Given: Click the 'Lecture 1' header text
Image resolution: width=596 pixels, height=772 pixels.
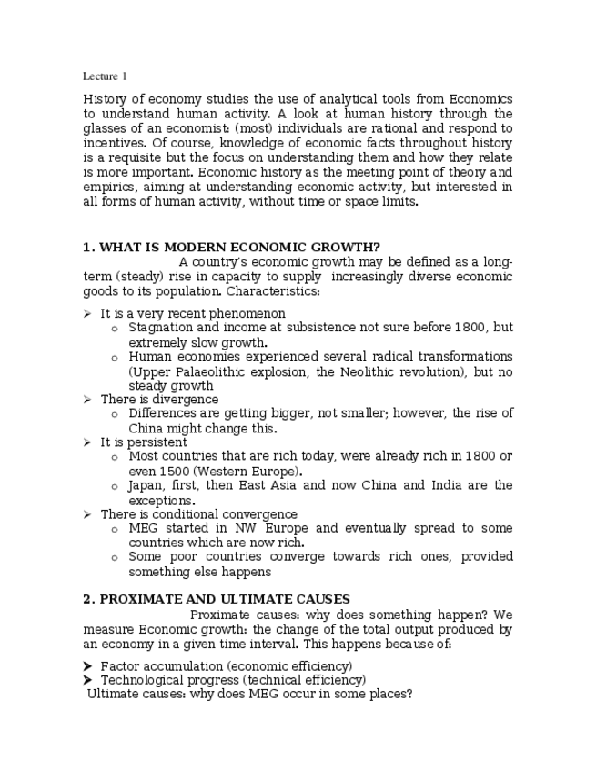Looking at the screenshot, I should tap(105, 76).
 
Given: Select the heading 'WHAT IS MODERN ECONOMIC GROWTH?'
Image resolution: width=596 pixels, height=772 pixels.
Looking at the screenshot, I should tap(239, 247).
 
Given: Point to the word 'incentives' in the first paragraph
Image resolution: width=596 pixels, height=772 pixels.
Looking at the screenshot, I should tap(112, 143).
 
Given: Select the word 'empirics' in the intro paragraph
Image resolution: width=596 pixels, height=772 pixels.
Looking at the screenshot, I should tap(111, 187).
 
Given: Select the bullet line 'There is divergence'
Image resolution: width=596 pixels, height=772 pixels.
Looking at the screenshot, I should tap(158, 399).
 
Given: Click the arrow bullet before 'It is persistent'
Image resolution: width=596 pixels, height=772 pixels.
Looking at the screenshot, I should tap(86, 442).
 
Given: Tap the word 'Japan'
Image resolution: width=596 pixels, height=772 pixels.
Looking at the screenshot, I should tap(146, 486).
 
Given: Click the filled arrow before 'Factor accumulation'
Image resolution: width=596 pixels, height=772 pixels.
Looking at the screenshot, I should tap(87, 665).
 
